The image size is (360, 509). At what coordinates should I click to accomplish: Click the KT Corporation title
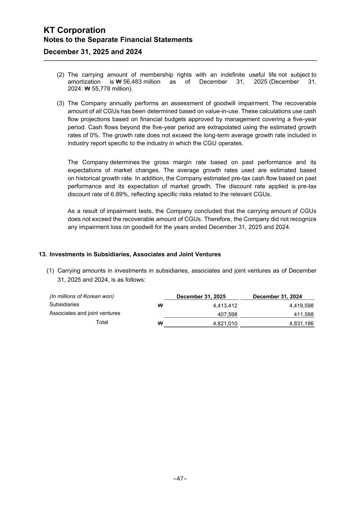[x=74, y=30]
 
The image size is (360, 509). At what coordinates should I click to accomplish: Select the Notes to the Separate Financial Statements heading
[x=118, y=40]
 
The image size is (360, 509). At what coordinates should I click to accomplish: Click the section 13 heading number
[x=43, y=254]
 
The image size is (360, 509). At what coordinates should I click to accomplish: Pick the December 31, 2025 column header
[x=201, y=297]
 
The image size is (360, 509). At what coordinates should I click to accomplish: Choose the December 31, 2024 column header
[x=277, y=297]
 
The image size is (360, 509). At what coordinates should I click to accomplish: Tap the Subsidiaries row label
[x=64, y=305]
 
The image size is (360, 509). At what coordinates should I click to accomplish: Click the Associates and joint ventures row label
[x=85, y=313]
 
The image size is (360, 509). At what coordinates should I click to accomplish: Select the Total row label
[x=102, y=322]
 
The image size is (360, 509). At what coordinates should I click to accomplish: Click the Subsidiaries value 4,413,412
[x=225, y=306]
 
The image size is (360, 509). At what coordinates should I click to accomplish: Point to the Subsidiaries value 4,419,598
[x=301, y=306]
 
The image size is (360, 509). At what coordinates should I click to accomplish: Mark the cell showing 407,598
[x=227, y=314]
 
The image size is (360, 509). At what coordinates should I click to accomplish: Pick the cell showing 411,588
[x=303, y=314]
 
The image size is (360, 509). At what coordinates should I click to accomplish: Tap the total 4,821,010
[x=225, y=324]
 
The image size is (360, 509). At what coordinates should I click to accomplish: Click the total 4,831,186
[x=301, y=324]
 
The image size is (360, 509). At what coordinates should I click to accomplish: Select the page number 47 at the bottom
[x=180, y=478]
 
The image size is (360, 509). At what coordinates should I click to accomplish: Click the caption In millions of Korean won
[x=82, y=296]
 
